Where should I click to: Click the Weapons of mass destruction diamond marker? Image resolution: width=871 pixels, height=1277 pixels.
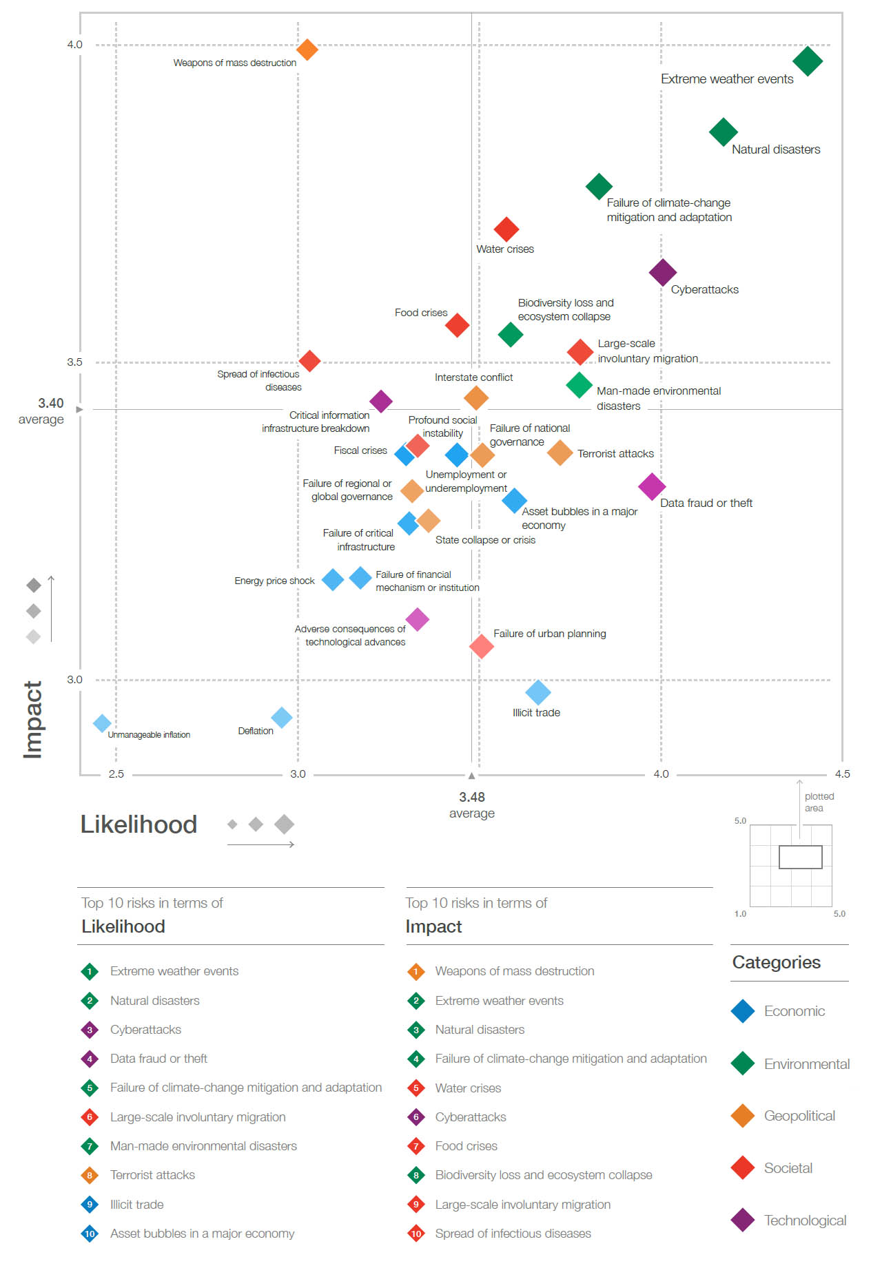click(307, 50)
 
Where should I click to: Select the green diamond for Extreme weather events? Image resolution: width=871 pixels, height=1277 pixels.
click(808, 61)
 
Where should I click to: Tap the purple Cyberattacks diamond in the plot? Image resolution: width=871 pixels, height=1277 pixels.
click(663, 273)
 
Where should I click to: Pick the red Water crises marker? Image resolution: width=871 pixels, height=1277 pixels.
click(506, 229)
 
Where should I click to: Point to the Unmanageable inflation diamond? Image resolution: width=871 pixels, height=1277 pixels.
click(102, 723)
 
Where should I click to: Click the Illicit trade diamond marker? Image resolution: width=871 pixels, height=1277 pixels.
click(538, 692)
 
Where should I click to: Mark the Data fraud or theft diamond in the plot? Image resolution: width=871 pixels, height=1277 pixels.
click(652, 487)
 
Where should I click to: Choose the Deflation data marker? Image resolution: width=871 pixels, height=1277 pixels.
click(281, 718)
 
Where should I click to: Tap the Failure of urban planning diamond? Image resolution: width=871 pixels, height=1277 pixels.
click(482, 646)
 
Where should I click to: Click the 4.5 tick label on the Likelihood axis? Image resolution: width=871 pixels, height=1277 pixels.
click(842, 774)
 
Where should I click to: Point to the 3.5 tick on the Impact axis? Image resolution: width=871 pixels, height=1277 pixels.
click(74, 362)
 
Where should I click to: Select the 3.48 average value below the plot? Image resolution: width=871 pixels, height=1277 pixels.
click(472, 797)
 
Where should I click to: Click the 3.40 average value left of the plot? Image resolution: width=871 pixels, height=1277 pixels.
click(51, 403)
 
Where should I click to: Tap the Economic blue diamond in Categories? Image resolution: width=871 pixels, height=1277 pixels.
click(743, 1011)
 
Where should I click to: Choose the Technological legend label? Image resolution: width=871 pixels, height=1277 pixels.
click(805, 1221)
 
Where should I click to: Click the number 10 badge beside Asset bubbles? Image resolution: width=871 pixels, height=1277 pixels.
click(90, 1234)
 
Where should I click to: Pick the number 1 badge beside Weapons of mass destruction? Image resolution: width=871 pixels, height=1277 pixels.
click(416, 971)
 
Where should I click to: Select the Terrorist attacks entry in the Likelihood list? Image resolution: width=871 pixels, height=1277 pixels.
click(152, 1175)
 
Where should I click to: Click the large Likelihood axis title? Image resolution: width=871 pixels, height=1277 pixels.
click(139, 824)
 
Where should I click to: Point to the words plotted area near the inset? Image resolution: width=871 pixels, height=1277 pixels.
click(819, 802)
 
